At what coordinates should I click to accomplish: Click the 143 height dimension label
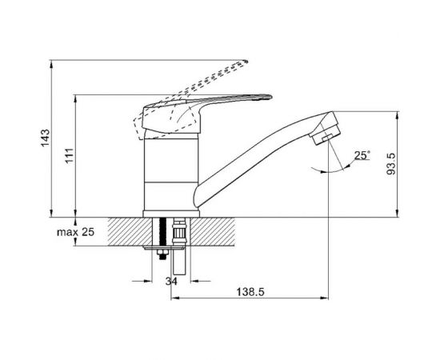point(45,138)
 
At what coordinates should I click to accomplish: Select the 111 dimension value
point(69,155)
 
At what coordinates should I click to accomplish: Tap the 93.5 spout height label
point(390,164)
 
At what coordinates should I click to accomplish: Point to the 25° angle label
point(362,155)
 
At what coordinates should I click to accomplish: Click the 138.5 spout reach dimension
point(250,292)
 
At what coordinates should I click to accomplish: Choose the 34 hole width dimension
point(171,281)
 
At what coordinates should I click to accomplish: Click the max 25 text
point(75,232)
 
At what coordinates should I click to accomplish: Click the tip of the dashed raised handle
point(246,61)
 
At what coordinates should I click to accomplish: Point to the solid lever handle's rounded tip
point(270,97)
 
